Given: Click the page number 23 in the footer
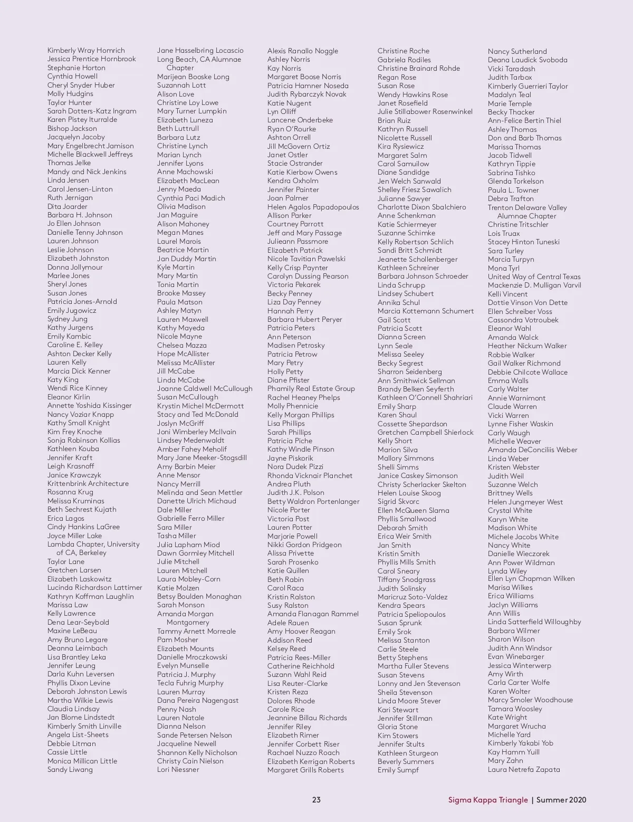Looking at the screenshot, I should point(316,800).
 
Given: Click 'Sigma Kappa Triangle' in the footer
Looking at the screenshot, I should point(488,800).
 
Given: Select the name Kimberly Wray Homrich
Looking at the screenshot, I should point(86,51).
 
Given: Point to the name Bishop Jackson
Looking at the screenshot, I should point(72,128).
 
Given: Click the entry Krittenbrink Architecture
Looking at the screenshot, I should point(88,483).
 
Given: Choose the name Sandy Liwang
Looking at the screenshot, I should point(70,769).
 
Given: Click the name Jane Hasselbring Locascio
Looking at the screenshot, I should point(200,51).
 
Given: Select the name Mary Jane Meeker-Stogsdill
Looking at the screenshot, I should point(202,457).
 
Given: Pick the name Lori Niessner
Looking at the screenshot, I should point(178,769).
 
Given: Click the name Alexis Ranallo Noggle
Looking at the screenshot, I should point(303,51).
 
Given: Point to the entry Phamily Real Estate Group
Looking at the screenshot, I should point(311,389).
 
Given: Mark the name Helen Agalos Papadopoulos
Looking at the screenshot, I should point(313,207).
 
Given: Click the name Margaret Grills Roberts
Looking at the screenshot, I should point(305,770).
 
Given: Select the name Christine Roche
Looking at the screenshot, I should point(404,51).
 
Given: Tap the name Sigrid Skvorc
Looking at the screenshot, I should point(398,502).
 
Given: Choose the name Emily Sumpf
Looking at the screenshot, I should point(398,770).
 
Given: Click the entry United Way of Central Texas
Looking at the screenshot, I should point(534,276).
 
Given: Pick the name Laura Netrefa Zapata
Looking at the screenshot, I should point(524,769).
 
